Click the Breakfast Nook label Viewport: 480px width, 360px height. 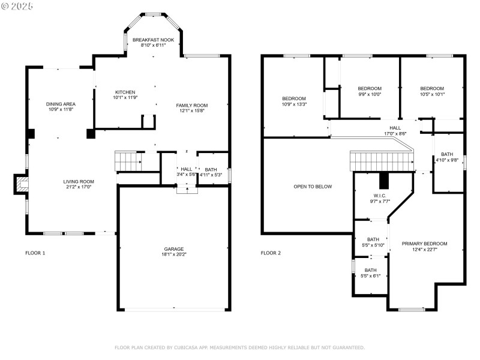point(153,40)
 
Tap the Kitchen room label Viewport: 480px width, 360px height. point(125,92)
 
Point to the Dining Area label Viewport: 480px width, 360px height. point(61,104)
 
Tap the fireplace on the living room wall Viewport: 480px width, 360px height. point(21,184)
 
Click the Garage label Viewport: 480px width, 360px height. point(174,249)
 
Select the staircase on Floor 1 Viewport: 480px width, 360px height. point(127,161)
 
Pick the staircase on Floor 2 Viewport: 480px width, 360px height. point(382,161)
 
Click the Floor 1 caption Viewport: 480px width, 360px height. point(35,253)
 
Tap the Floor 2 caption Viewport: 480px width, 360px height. point(271,253)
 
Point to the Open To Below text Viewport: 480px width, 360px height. point(313,187)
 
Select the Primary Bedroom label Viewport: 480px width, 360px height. point(424,244)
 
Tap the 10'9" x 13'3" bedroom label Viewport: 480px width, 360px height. point(294,98)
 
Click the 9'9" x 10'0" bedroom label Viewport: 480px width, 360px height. point(370,88)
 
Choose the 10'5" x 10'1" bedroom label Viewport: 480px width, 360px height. point(432,88)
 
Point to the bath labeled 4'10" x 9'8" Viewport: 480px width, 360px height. point(447,154)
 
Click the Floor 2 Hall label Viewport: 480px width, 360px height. point(395,128)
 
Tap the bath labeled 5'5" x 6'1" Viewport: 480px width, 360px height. point(371,270)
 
